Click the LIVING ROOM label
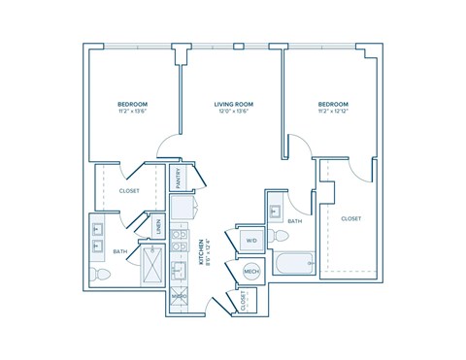point(233,102)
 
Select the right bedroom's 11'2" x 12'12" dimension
point(333,111)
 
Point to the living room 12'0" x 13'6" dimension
point(233,111)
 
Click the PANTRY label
point(181,179)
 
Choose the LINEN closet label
point(157,229)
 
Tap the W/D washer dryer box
point(250,240)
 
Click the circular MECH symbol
point(251,273)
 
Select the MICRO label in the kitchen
point(181,297)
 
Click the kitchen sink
point(181,270)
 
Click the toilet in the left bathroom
point(100,277)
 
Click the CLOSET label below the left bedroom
point(129,191)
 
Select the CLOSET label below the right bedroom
point(351,219)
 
